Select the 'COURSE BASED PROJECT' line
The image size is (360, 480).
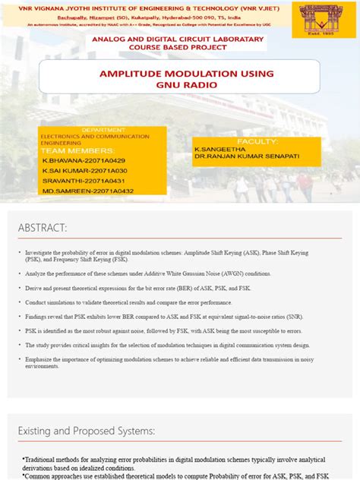(x=178, y=47)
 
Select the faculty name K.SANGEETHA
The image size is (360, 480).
(x=219, y=150)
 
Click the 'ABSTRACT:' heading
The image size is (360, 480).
(x=43, y=228)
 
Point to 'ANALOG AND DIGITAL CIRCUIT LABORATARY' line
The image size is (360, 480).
(x=178, y=39)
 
